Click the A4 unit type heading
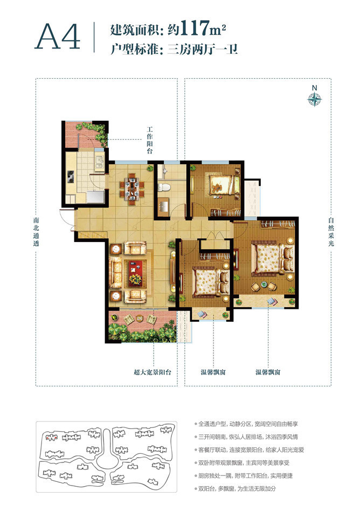click(x=58, y=37)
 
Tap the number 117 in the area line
click(x=195, y=29)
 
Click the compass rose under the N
click(x=315, y=99)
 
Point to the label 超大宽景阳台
click(x=153, y=372)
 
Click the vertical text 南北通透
click(x=36, y=232)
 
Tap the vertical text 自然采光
click(x=331, y=232)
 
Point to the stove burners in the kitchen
click(x=70, y=177)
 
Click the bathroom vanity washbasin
click(x=163, y=207)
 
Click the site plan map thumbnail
click(x=106, y=456)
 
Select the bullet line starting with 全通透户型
click(x=246, y=424)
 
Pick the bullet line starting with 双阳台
click(x=235, y=489)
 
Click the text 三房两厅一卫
click(x=203, y=50)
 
